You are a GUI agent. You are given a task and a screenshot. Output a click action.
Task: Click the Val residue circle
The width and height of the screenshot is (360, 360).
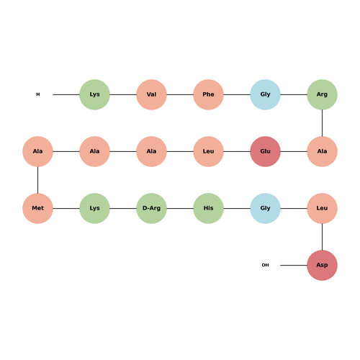pos(151,94)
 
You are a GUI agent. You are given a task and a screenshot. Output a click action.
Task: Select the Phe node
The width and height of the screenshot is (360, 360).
pos(208,94)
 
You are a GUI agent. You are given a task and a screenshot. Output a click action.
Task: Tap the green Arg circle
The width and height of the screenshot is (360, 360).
pos(322,94)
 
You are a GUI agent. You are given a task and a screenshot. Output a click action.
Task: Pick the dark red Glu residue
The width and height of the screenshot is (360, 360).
pos(265,151)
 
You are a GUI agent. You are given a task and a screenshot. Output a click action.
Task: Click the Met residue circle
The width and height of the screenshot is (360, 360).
pos(37,208)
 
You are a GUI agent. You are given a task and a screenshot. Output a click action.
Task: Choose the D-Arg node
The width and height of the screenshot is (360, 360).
pos(151,208)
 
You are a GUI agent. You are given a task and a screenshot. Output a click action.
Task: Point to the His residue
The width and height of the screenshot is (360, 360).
pos(208,208)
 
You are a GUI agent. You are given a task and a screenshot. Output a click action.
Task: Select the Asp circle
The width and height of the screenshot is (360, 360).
pos(322,265)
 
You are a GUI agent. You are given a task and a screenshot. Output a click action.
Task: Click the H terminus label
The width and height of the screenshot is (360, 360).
pos(38,94)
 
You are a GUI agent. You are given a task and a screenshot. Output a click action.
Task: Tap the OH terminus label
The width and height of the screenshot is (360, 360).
pos(265,265)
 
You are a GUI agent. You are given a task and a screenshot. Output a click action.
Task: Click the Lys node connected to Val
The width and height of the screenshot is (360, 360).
pos(94,94)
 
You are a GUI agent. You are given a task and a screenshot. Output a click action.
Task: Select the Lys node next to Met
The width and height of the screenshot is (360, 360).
pos(94,208)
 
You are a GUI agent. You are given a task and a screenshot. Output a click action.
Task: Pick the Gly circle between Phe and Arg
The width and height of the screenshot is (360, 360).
pos(265,94)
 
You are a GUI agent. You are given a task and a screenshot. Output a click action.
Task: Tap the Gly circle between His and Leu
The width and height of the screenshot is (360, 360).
pos(265,208)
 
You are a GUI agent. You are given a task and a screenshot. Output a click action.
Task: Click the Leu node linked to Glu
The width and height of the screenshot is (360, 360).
pos(208,151)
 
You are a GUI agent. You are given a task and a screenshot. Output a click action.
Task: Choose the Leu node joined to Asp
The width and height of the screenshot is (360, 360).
pos(322,208)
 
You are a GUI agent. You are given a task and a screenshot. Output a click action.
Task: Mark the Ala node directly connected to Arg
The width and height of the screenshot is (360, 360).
pos(322,151)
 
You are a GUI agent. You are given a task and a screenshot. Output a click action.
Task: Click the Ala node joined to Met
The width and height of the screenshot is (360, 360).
pos(37,151)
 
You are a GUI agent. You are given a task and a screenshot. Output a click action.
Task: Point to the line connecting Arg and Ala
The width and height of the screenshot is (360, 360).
pos(322,123)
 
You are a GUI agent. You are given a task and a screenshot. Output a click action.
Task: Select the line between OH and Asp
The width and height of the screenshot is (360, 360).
pos(294,265)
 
